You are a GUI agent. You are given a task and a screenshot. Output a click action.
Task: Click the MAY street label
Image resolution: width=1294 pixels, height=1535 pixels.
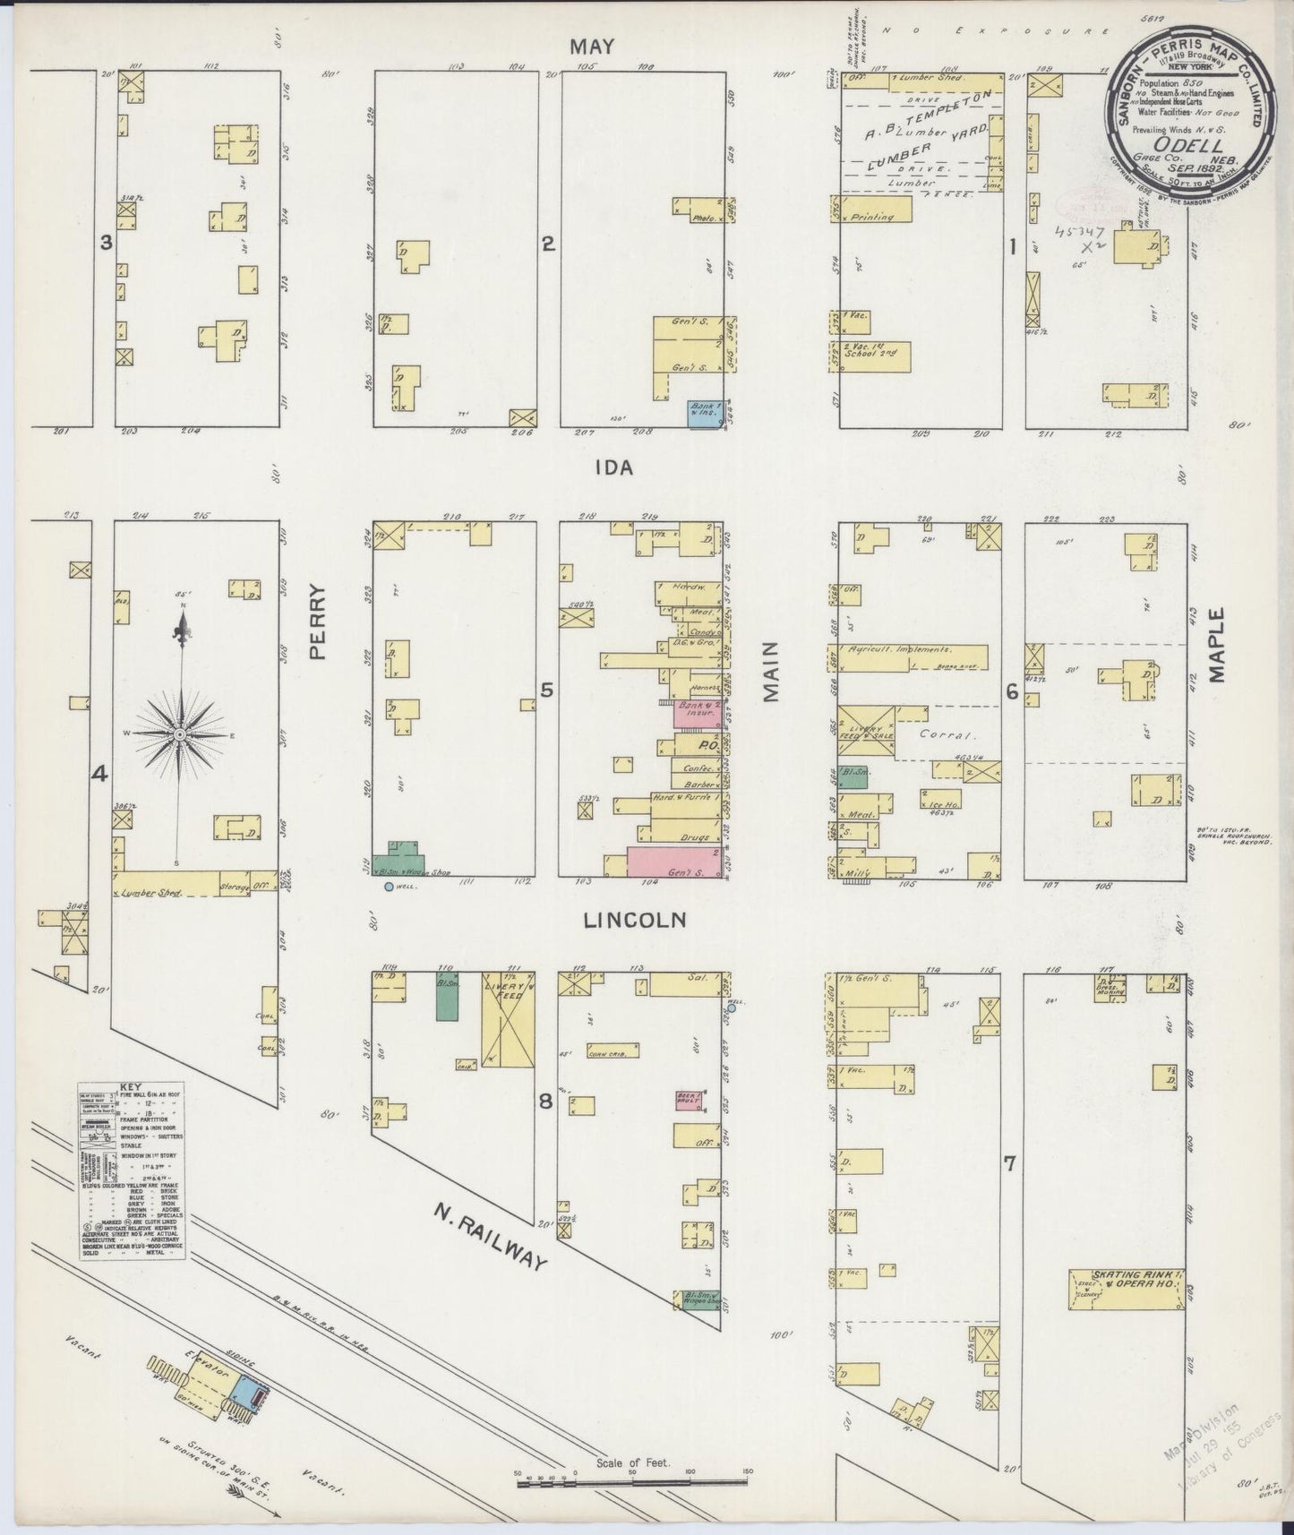pyautogui.click(x=593, y=47)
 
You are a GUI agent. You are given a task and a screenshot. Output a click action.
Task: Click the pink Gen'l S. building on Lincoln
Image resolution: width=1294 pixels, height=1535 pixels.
pyautogui.click(x=673, y=862)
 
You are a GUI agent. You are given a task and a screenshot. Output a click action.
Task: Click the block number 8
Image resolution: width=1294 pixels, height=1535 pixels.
pyautogui.click(x=544, y=1102)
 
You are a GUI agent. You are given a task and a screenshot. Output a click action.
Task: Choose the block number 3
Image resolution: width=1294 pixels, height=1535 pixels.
pyautogui.click(x=106, y=242)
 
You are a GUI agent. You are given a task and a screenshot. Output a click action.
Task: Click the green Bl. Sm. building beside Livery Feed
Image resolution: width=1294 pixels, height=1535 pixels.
pyautogui.click(x=447, y=995)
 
